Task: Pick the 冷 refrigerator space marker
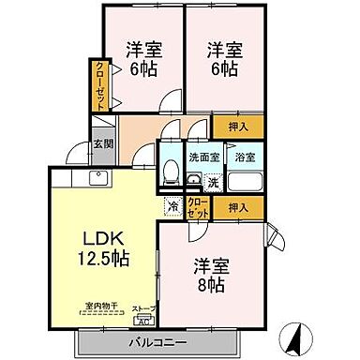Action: click(x=172, y=205)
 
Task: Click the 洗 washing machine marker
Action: click(x=213, y=181)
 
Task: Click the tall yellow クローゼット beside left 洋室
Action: click(x=99, y=84)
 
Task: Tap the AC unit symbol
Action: click(x=141, y=318)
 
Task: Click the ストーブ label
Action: click(x=141, y=307)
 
